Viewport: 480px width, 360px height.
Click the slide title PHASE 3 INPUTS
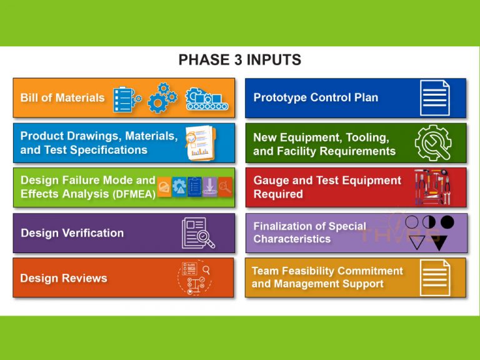click(x=240, y=60)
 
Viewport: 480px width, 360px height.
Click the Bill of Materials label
click(x=62, y=97)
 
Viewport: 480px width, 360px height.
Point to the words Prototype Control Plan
click(x=316, y=97)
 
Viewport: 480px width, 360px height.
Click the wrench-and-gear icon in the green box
click(x=432, y=142)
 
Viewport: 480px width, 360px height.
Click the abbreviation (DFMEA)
click(x=134, y=194)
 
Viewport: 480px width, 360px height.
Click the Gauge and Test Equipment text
click(x=327, y=181)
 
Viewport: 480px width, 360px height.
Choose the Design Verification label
click(x=72, y=233)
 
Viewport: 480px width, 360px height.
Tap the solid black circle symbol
click(x=447, y=222)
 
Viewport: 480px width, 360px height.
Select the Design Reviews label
click(x=64, y=278)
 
